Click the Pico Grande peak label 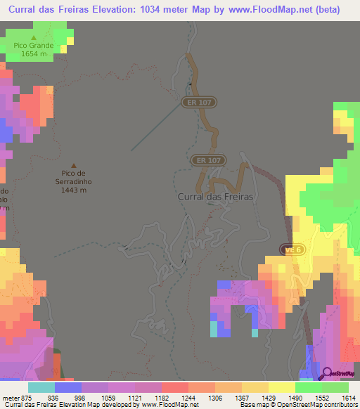pyautogui.click(x=34, y=45)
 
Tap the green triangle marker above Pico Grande pyautogui.click(x=34, y=37)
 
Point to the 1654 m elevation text pyautogui.click(x=34, y=53)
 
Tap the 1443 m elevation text pyautogui.click(x=73, y=190)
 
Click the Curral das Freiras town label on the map pyautogui.click(x=214, y=197)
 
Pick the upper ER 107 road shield pyautogui.click(x=199, y=103)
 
